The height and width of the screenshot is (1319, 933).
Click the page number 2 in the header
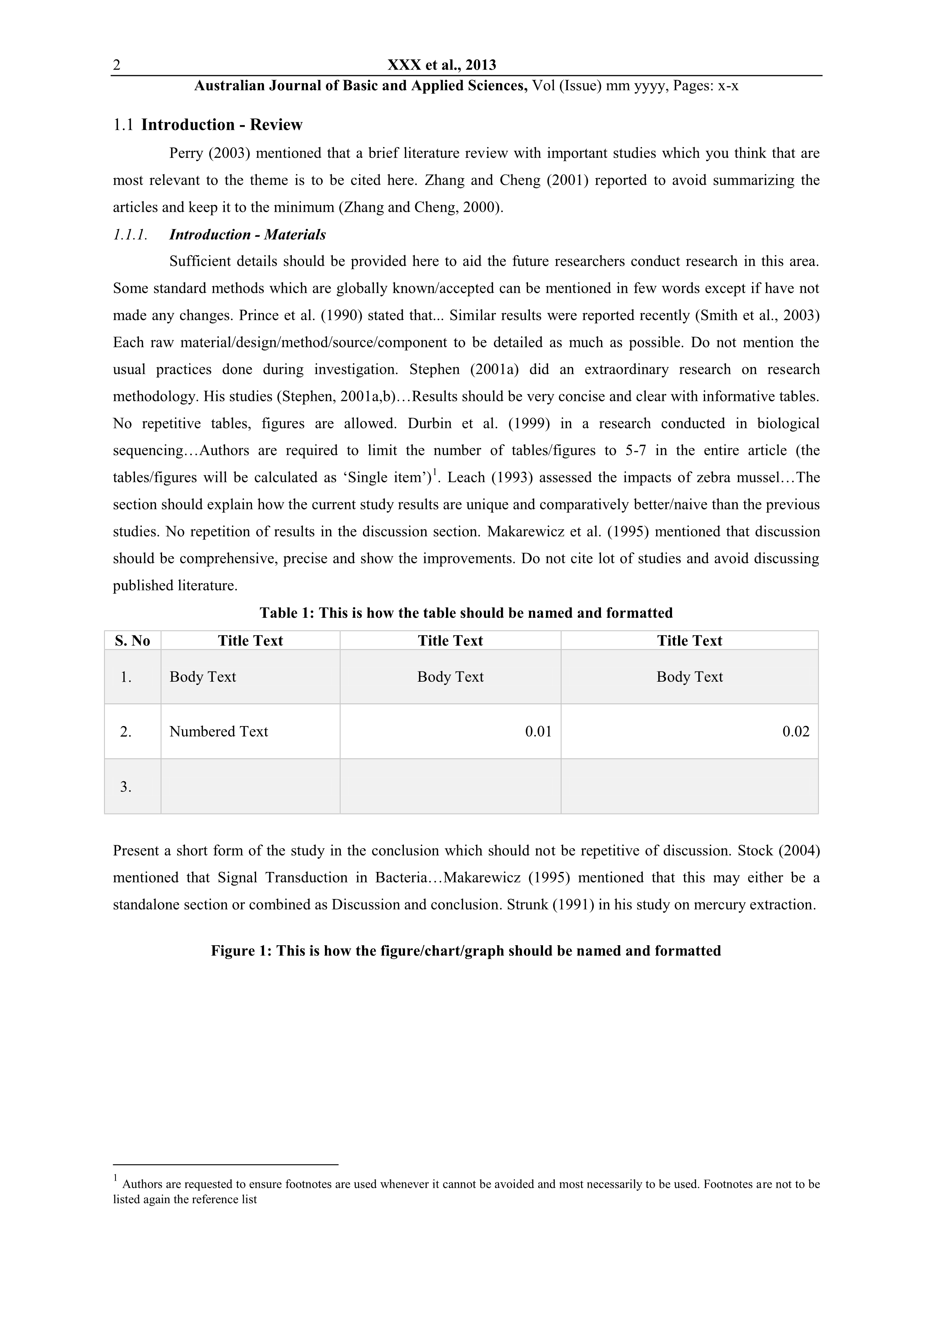pyautogui.click(x=117, y=65)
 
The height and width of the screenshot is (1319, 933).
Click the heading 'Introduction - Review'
pyautogui.click(x=222, y=125)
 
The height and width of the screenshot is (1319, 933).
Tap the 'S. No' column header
pyautogui.click(x=132, y=641)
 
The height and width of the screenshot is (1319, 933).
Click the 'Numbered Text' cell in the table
pyautogui.click(x=219, y=731)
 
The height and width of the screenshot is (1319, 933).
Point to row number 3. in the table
pyautogui.click(x=126, y=787)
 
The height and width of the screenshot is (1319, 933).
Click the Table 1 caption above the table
pyautogui.click(x=466, y=613)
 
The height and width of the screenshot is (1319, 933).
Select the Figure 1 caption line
pyautogui.click(x=466, y=951)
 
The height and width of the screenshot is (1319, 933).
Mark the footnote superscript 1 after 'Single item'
pyautogui.click(x=434, y=472)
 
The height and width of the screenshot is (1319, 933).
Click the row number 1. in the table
pyautogui.click(x=126, y=677)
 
